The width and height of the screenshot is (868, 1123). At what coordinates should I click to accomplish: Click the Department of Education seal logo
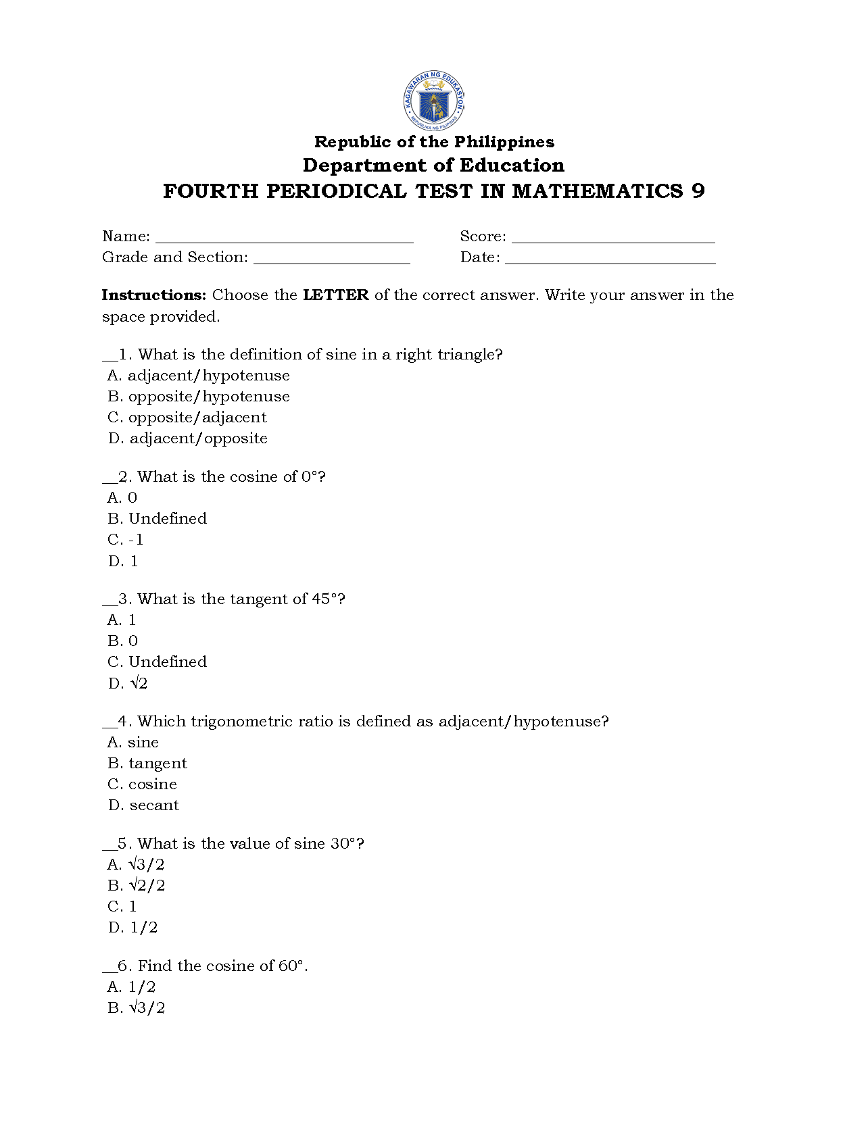(x=433, y=101)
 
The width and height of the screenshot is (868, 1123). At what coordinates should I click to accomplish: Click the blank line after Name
(x=284, y=239)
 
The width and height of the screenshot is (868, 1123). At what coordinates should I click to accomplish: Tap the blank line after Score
(x=613, y=239)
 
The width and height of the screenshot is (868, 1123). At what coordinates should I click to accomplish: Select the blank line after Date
(x=610, y=259)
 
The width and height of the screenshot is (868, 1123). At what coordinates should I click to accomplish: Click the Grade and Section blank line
(x=331, y=259)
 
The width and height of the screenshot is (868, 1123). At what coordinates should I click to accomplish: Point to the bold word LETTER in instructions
(x=335, y=295)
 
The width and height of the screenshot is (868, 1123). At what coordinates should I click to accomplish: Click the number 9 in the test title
(x=698, y=191)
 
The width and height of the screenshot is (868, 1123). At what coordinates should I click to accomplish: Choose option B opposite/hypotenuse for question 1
(x=199, y=397)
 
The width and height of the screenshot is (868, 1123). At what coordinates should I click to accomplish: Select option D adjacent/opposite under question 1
(x=188, y=439)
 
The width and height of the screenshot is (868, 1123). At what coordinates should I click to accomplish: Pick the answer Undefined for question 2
(x=158, y=519)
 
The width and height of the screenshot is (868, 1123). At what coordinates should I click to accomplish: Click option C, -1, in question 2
(x=126, y=540)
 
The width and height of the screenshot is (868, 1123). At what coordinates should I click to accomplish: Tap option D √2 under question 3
(x=128, y=684)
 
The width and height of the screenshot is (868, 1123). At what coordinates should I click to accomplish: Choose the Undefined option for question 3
(x=158, y=662)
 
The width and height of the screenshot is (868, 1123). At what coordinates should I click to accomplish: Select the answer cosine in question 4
(x=143, y=784)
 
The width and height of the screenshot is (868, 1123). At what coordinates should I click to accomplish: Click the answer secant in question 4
(x=144, y=805)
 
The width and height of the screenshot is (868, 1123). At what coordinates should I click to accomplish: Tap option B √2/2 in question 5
(x=137, y=886)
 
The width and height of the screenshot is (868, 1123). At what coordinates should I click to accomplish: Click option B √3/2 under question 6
(x=137, y=1008)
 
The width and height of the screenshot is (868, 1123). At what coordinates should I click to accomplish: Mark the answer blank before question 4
(x=110, y=724)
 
